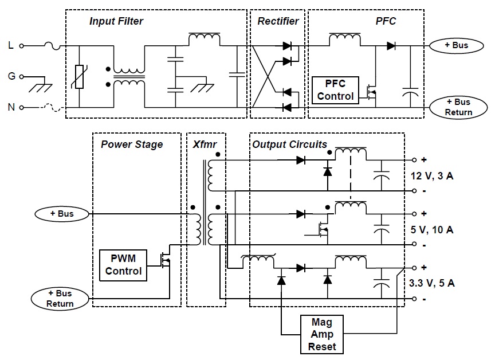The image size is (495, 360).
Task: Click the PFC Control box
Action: click(x=335, y=90)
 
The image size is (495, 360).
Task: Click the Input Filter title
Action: click(x=116, y=21)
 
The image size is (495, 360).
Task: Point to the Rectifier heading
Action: click(x=278, y=21)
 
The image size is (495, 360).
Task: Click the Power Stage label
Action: click(x=132, y=144)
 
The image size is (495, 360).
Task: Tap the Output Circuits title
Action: click(x=289, y=144)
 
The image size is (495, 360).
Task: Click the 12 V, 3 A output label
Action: click(x=433, y=175)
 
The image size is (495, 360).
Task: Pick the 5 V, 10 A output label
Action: click(x=433, y=230)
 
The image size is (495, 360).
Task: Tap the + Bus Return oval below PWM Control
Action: click(x=61, y=299)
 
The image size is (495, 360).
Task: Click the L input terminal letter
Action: click(x=10, y=45)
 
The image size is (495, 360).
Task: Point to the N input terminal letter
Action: click(x=10, y=107)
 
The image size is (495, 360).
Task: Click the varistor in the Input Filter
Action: click(x=80, y=77)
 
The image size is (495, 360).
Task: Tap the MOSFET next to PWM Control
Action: click(x=166, y=261)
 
